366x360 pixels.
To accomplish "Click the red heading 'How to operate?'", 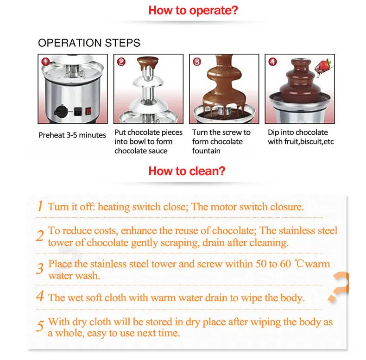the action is click(193, 11).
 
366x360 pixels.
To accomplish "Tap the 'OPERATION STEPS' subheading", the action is click(89, 43).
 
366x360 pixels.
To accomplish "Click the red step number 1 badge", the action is click(45, 62).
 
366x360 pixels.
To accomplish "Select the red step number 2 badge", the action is click(121, 62).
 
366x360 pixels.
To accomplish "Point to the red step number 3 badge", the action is click(197, 62).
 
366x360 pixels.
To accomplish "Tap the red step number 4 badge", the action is click(272, 62).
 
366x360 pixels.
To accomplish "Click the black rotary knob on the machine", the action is click(61, 111).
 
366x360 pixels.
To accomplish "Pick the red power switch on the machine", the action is click(88, 111).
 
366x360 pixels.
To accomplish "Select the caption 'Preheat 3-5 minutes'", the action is click(72, 135).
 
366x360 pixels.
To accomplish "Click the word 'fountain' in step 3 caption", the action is click(206, 151).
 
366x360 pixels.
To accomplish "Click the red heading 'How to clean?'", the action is click(187, 171).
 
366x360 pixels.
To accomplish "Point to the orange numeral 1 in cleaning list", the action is click(40, 206).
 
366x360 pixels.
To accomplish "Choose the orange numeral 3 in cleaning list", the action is click(40, 269).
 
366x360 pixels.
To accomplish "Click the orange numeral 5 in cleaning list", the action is click(40, 326).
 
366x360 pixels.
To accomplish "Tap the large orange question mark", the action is click(339, 287).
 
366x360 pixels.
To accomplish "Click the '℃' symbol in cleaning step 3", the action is click(299, 264).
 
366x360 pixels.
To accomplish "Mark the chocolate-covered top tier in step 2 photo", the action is click(148, 63).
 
